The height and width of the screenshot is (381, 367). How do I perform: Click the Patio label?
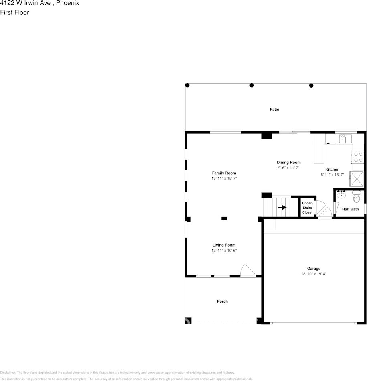pyautogui.click(x=274, y=110)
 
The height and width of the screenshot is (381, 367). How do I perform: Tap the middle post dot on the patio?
pyautogui.click(x=252, y=85)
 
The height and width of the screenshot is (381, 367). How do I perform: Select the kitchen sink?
pyautogui.click(x=345, y=139)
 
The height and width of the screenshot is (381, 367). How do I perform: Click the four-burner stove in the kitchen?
pyautogui.click(x=358, y=157)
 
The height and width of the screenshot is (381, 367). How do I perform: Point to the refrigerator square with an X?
pyautogui.click(x=357, y=177)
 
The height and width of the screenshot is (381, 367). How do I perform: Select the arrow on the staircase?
pyautogui.click(x=282, y=208)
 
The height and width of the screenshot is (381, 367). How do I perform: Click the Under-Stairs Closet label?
pyautogui.click(x=307, y=208)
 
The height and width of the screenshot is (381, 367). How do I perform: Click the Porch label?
pyautogui.click(x=222, y=302)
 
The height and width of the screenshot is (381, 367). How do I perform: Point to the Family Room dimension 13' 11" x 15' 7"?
pyautogui.click(x=224, y=178)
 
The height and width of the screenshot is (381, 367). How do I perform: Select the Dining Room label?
pyautogui.click(x=289, y=163)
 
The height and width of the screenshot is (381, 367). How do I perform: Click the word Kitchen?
pyautogui.click(x=332, y=169)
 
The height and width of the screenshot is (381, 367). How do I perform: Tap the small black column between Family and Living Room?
pyautogui.click(x=224, y=218)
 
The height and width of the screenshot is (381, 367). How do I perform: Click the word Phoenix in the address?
pyautogui.click(x=67, y=3)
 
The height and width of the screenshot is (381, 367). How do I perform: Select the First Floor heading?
pyautogui.click(x=14, y=12)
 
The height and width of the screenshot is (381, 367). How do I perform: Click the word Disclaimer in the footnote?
pyautogui.click(x=8, y=373)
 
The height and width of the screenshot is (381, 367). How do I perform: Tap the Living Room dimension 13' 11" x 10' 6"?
pyautogui.click(x=224, y=251)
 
